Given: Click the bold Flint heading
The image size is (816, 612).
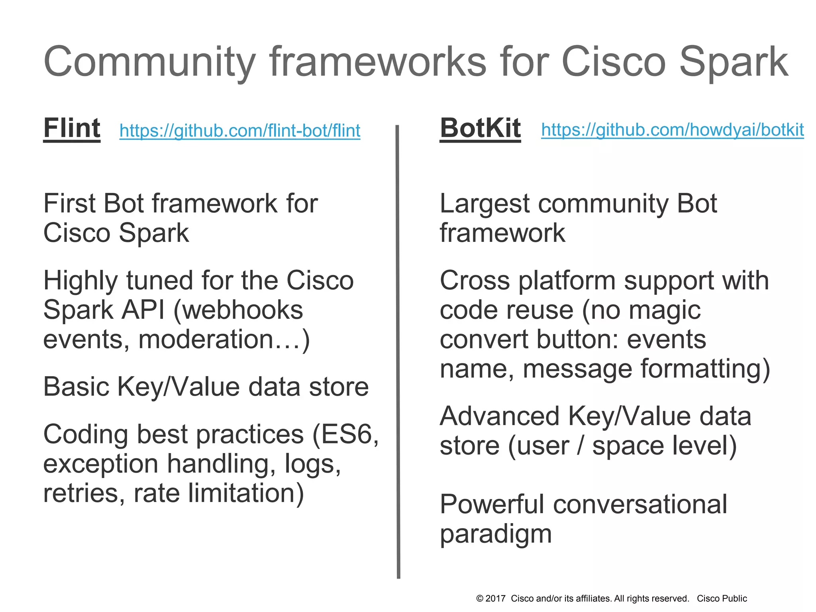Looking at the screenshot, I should click(x=72, y=128).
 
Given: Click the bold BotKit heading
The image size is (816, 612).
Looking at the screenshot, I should click(x=480, y=128).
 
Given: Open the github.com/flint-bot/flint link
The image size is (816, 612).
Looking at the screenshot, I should click(x=240, y=131).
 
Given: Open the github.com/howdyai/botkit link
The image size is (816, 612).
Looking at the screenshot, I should click(x=672, y=130).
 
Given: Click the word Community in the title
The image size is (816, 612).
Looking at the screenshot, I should click(x=149, y=63).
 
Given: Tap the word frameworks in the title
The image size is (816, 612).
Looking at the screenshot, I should click(x=378, y=62).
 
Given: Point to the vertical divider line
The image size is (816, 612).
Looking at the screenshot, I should click(x=398, y=351).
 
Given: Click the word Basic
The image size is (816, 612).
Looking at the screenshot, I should click(x=75, y=386).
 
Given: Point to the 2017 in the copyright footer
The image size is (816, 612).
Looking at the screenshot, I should click(x=496, y=598).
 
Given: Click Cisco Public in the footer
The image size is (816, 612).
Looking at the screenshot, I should click(x=722, y=598).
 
